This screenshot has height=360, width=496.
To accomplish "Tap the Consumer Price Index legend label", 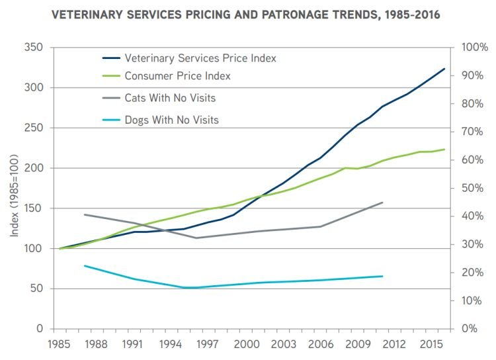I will coord(177,76).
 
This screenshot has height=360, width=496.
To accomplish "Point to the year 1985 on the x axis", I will coord(60,344).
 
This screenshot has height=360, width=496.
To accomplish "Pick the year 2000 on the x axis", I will coord(245,344).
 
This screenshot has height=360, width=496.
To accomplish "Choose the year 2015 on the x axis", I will coord(431,344).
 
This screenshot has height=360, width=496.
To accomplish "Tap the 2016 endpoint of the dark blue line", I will coord(444,68).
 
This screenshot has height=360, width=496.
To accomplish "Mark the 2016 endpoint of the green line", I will coord(444,150).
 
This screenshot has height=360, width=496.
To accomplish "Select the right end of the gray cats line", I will coord(382,202).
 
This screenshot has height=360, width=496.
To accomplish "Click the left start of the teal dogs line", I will coord(85,265).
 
